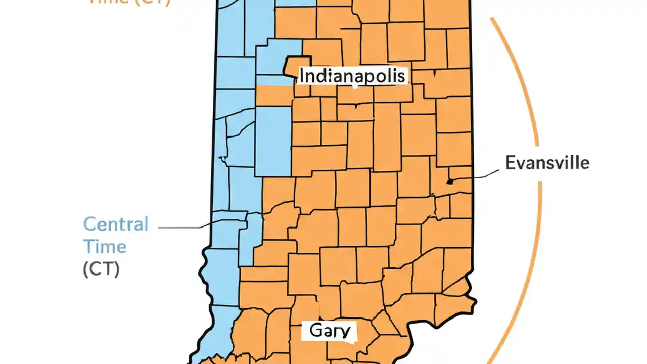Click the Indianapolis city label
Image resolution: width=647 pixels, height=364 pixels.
352,76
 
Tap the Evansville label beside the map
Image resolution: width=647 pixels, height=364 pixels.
547,163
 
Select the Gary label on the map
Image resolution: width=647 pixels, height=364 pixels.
330,331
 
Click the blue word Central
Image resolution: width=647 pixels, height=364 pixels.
116,224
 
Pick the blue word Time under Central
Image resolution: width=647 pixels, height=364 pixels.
105,247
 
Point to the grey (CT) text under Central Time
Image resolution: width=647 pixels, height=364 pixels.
102,269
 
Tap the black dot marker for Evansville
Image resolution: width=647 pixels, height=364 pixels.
449,181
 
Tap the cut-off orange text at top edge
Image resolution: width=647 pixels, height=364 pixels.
129,2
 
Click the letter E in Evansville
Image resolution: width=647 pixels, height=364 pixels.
511,163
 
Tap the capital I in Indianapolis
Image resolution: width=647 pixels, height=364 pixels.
302,76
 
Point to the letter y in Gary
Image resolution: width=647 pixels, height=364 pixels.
345,332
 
